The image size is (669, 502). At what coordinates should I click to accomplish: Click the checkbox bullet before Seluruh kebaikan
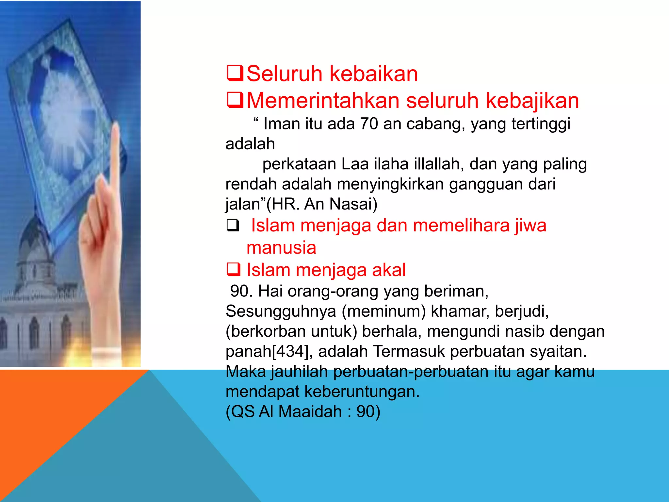235,74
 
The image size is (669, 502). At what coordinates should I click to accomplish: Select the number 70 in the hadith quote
369,124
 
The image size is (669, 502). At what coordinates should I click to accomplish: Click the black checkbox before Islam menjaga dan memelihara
233,226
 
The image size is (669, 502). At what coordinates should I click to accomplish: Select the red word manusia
281,248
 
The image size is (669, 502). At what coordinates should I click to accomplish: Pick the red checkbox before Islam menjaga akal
234,270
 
